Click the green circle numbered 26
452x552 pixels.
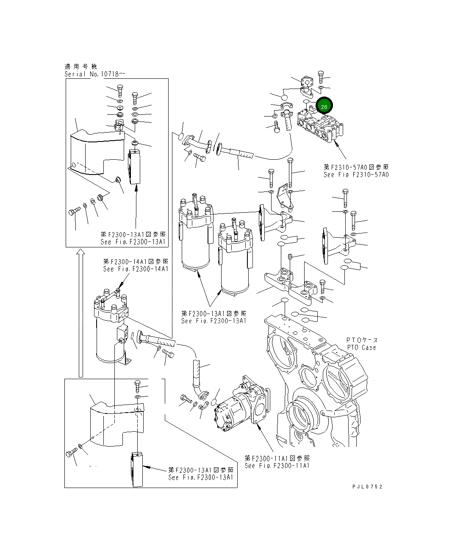point(324,106)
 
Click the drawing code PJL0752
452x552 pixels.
point(367,487)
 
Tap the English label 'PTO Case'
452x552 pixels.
point(361,347)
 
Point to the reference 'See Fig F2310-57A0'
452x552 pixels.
point(356,175)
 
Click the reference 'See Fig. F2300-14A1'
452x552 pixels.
point(136,269)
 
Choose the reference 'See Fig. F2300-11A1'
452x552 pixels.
point(277,466)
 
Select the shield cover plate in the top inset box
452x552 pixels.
point(93,153)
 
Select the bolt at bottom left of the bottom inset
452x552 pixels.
point(71,455)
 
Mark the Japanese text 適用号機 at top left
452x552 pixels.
point(80,67)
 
